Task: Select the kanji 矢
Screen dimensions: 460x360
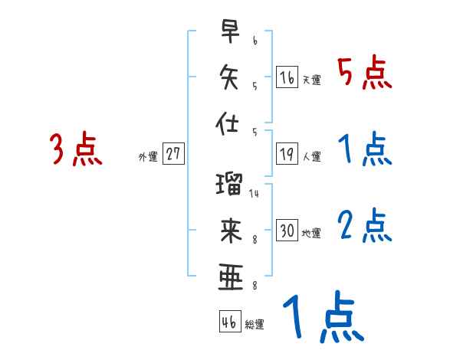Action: click(x=230, y=77)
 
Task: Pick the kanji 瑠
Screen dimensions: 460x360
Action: click(x=230, y=185)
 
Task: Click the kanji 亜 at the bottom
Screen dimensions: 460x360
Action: click(x=230, y=277)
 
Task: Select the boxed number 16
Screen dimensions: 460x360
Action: click(x=287, y=77)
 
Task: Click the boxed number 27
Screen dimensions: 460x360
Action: click(x=173, y=154)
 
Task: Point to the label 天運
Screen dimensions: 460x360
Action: click(x=311, y=80)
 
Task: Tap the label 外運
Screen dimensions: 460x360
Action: click(x=148, y=156)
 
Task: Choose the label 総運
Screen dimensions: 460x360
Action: click(x=255, y=324)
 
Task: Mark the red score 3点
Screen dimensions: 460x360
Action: click(x=76, y=150)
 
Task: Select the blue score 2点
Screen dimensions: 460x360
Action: click(x=364, y=227)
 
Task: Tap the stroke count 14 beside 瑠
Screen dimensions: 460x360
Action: click(x=254, y=193)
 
